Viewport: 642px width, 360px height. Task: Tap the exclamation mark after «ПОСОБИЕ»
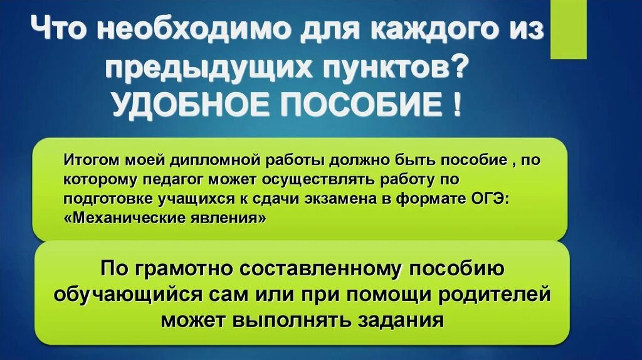[x=455, y=103]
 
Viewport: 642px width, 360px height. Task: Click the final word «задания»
[x=401, y=319]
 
